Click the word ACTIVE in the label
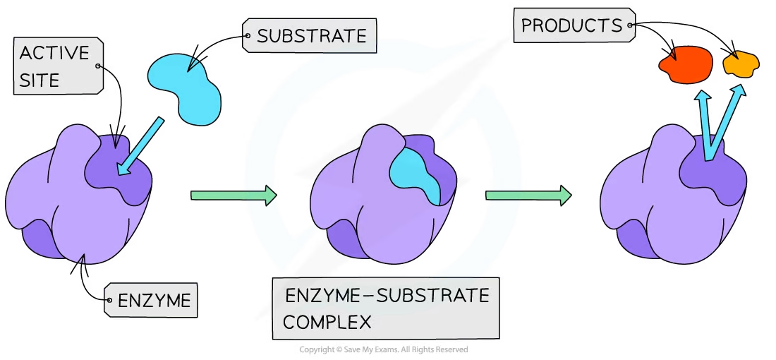point(54,54)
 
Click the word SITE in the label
point(40,79)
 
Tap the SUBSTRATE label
point(311,36)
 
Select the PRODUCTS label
point(571,27)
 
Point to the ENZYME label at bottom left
point(154,301)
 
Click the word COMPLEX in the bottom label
point(327,323)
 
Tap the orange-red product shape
point(685,63)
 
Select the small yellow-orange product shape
point(741,64)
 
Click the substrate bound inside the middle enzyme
point(416,173)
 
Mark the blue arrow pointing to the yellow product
point(727,120)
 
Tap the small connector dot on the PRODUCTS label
point(629,27)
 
